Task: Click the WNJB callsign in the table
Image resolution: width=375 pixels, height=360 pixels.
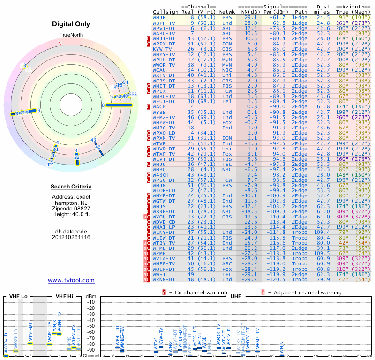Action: coord(160,17)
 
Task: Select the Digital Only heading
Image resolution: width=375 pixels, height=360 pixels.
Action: coord(71,24)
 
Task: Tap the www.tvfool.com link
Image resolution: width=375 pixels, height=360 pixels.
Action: coord(71,280)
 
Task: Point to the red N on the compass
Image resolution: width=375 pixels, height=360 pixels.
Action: coord(60,44)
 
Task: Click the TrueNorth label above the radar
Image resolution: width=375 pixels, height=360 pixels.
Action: coord(71,35)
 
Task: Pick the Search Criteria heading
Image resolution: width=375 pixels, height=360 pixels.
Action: coord(71,187)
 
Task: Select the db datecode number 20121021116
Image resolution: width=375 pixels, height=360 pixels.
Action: coord(71,237)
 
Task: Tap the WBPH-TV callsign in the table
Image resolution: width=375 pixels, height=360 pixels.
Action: coord(164,22)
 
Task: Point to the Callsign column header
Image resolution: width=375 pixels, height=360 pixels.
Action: coord(166,11)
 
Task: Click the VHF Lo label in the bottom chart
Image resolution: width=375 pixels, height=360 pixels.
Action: coord(18,296)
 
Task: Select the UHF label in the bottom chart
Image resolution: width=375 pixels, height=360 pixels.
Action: coord(236,296)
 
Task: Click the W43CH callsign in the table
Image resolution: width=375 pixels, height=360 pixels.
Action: coord(162,174)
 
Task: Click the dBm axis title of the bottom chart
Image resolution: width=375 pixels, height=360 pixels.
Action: coord(90,296)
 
